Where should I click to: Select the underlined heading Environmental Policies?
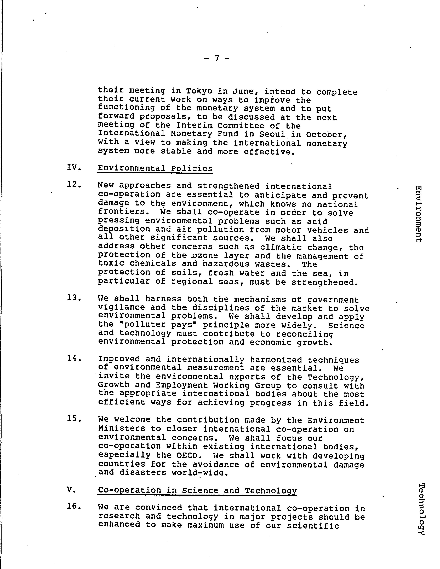(155, 168)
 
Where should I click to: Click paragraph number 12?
(74, 185)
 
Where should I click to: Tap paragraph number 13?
(74, 298)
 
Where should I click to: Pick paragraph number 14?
(74, 359)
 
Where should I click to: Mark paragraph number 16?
(74, 506)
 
